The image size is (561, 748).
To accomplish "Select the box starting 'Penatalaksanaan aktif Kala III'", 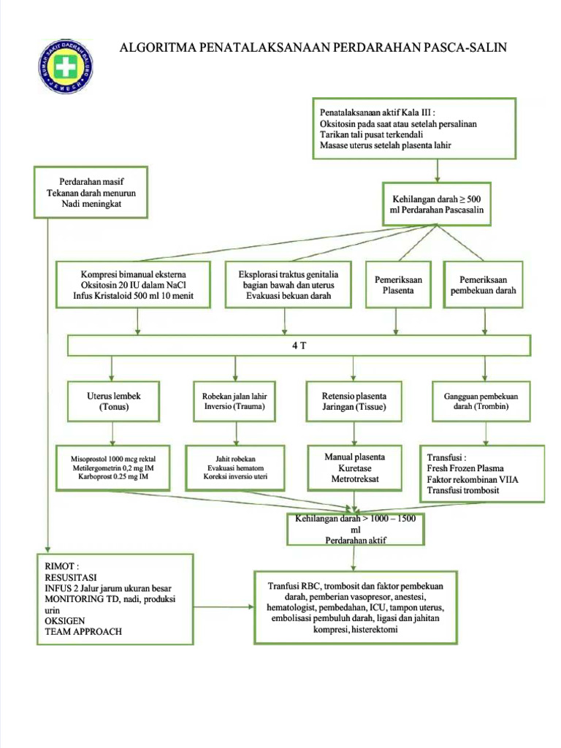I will [x=414, y=129].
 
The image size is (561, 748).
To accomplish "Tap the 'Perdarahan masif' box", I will [x=91, y=193].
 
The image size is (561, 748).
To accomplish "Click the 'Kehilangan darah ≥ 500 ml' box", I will [x=437, y=204].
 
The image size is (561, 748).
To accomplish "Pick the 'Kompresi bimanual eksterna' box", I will [x=134, y=285].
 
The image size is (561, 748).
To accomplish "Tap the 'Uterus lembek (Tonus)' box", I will [x=113, y=401].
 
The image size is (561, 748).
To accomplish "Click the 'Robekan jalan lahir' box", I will [x=234, y=401].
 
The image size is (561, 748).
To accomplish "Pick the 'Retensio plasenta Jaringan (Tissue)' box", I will [x=354, y=401].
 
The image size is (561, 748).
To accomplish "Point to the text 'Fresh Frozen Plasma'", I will [x=465, y=468].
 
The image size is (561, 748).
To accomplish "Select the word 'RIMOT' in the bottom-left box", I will [x=61, y=565].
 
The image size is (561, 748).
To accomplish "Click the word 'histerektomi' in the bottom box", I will [x=374, y=629].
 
